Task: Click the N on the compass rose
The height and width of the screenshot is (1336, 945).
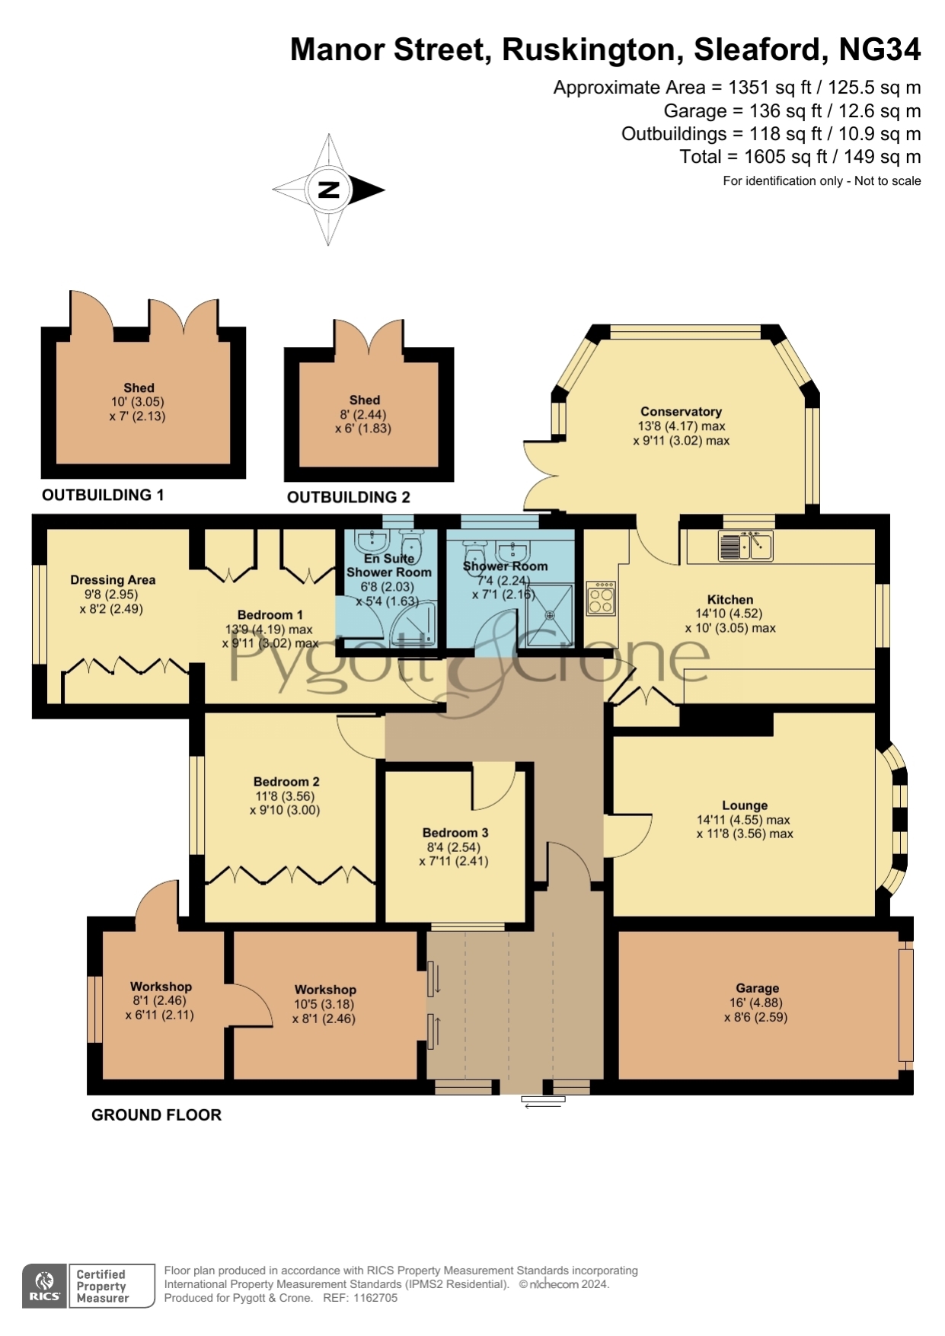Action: point(328,190)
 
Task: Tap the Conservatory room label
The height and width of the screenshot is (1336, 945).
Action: point(681,412)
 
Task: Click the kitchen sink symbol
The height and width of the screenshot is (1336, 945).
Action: point(745,546)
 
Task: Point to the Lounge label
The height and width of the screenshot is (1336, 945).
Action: point(745,805)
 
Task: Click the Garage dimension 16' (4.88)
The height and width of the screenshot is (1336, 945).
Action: point(757,1003)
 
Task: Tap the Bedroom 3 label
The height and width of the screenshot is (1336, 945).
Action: point(455,833)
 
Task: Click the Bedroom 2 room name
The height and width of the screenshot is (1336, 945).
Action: point(286,782)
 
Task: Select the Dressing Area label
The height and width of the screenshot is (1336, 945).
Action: point(113,580)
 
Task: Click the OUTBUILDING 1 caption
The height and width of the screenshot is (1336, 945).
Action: point(103,496)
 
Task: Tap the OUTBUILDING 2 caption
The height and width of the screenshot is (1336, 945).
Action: point(349,498)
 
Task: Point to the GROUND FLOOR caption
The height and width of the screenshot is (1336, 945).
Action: point(156,1115)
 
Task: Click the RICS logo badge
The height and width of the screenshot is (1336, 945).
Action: point(45,1286)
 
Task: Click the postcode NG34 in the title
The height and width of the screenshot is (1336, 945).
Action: point(880,49)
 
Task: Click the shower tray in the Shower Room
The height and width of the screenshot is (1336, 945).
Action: point(549,615)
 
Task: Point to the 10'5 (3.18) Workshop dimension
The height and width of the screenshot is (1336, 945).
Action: point(324,1004)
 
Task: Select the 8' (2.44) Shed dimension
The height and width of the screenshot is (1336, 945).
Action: point(363,415)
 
